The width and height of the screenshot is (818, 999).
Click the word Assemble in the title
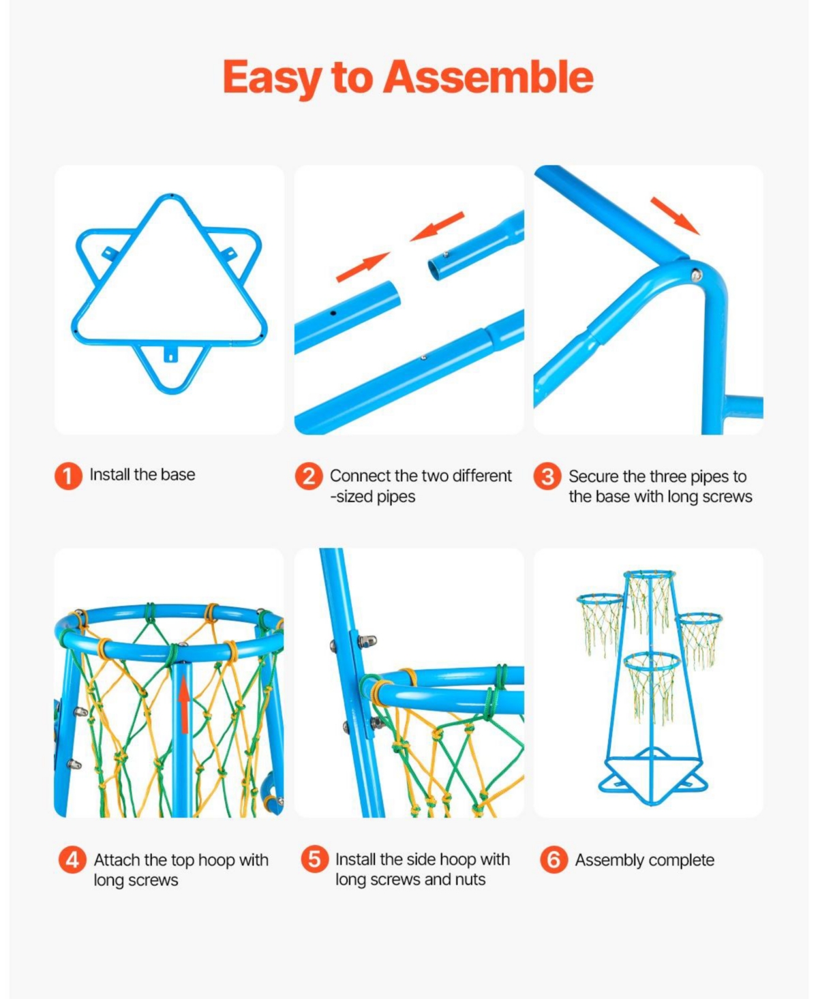(488, 77)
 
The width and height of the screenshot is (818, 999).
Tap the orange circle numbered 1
(68, 476)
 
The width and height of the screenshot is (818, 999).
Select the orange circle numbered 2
(309, 476)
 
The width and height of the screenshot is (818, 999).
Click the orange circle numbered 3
(548, 476)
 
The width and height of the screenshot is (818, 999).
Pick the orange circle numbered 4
(72, 859)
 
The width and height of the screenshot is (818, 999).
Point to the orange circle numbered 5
(315, 859)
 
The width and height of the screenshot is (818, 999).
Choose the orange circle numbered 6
(554, 859)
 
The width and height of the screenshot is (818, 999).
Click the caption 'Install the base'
(142, 475)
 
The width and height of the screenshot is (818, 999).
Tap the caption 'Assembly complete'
(645, 860)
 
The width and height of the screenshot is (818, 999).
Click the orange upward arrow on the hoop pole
(184, 709)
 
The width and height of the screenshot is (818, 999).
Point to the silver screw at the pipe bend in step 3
(696, 273)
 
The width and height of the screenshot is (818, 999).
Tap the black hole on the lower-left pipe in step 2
(333, 313)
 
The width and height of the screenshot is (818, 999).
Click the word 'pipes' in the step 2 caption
(395, 496)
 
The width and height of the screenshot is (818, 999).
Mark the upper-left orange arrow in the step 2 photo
(363, 267)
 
